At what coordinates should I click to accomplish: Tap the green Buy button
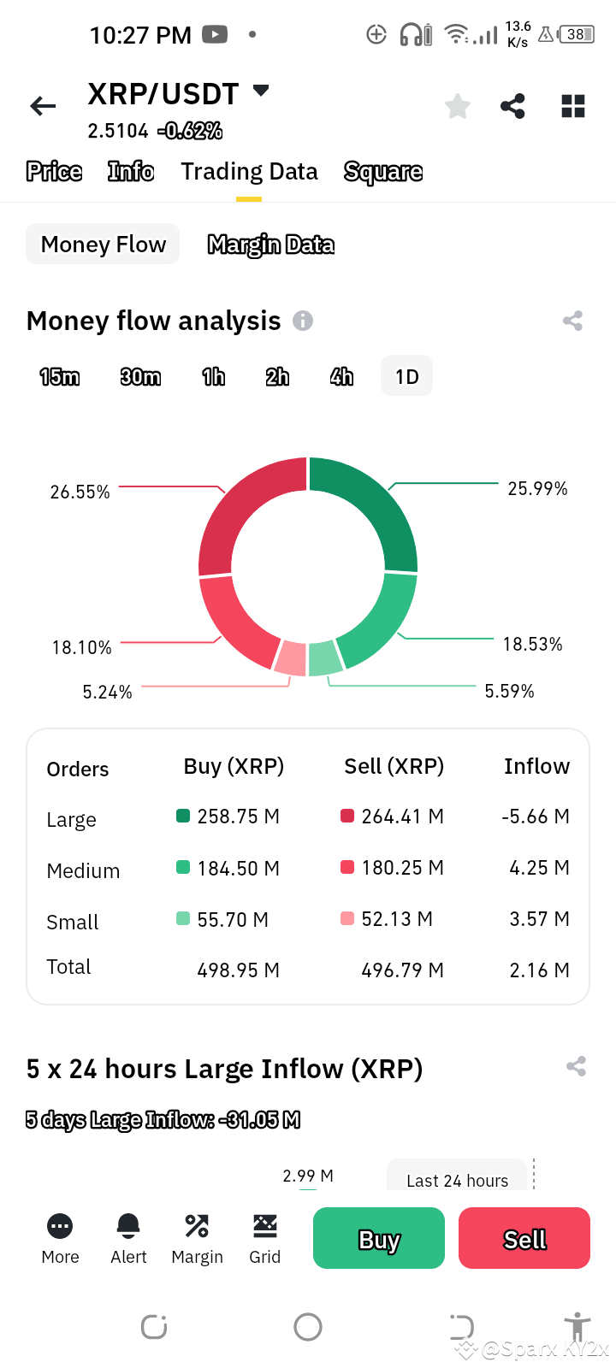pyautogui.click(x=378, y=1238)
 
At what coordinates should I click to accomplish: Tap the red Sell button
pyautogui.click(x=524, y=1238)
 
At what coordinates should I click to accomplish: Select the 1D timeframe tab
pyautogui.click(x=406, y=377)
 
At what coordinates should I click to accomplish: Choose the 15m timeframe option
pyautogui.click(x=59, y=377)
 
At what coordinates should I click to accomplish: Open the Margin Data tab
pyautogui.click(x=270, y=245)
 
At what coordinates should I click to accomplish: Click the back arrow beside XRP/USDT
pyautogui.click(x=43, y=106)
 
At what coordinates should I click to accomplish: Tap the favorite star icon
pyautogui.click(x=458, y=107)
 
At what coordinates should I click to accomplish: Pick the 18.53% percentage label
pyautogui.click(x=532, y=645)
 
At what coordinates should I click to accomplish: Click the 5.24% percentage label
pyautogui.click(x=107, y=693)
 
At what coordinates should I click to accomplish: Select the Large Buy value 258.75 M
pyautogui.click(x=238, y=817)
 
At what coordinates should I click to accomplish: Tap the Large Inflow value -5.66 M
pyautogui.click(x=535, y=817)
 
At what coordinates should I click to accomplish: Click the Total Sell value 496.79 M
pyautogui.click(x=402, y=970)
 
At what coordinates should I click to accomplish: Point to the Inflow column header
pyautogui.click(x=536, y=766)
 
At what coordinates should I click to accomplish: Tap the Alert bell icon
pyautogui.click(x=128, y=1226)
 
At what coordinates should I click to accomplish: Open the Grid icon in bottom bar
pyautogui.click(x=264, y=1226)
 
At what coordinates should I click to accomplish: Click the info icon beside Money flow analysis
pyautogui.click(x=303, y=321)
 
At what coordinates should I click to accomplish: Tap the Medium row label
pyautogui.click(x=83, y=871)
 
